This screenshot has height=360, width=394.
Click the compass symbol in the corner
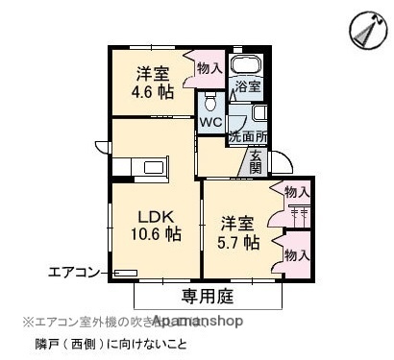point(365,33)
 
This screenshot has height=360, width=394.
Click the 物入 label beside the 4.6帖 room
point(209,67)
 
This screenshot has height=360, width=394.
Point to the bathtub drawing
point(248,67)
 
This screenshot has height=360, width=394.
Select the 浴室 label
point(249,87)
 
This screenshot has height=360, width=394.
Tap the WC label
point(210,123)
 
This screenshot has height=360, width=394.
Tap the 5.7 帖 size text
point(237,243)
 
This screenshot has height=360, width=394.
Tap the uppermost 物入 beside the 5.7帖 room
point(297,192)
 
